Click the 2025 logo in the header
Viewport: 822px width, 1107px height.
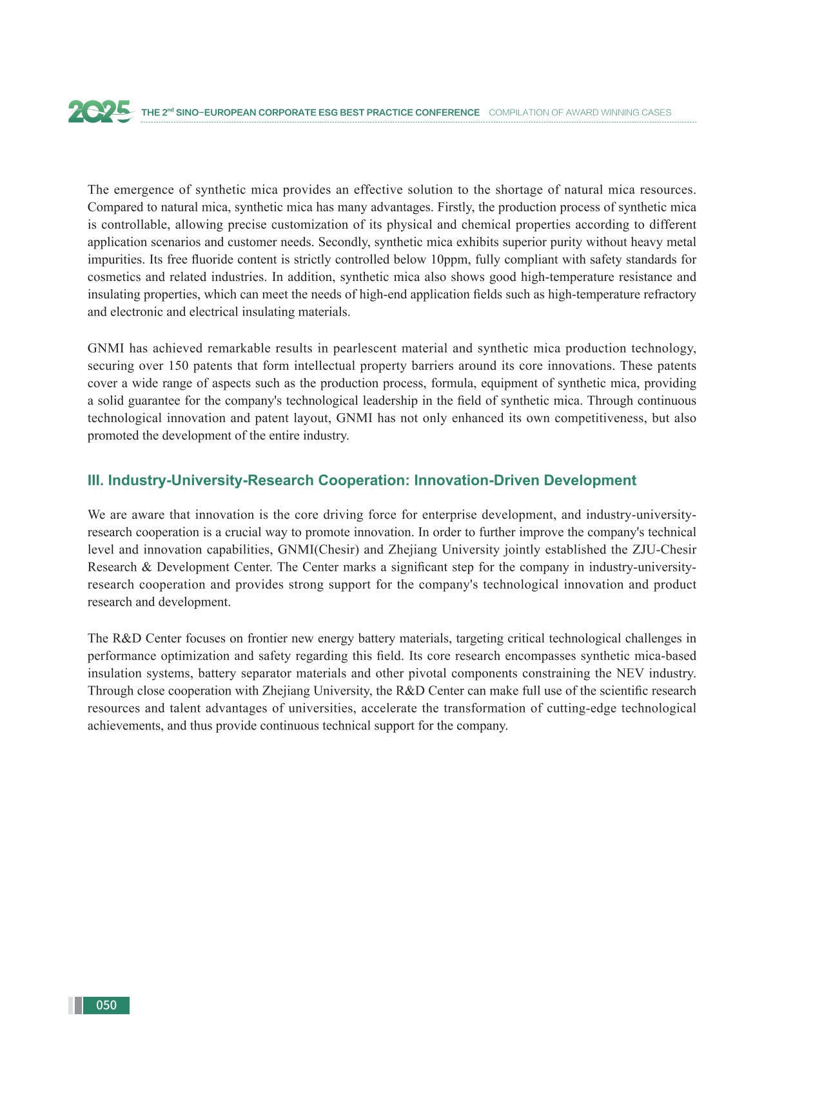(100, 111)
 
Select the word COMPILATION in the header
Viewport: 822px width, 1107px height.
(516, 113)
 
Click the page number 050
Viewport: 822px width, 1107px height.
(106, 1005)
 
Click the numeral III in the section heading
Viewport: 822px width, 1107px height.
(95, 481)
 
